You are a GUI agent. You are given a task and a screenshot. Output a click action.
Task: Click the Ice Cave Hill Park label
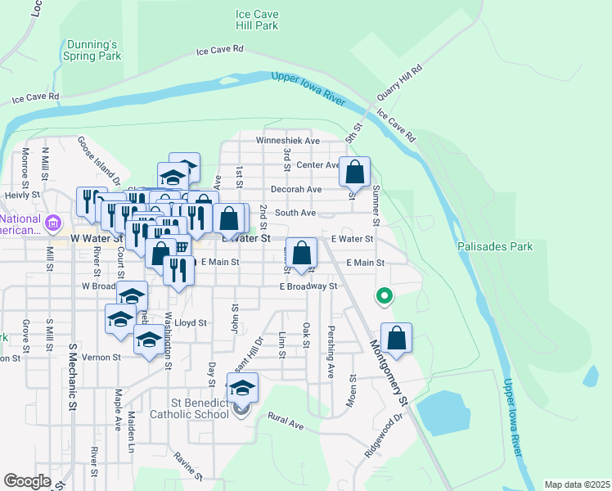click(256, 20)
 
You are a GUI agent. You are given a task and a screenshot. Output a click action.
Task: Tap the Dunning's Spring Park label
click(92, 50)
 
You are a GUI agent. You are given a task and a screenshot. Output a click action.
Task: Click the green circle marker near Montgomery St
click(382, 296)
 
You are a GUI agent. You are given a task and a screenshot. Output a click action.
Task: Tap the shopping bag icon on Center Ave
click(354, 173)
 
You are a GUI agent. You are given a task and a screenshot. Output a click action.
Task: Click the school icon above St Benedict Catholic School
click(242, 388)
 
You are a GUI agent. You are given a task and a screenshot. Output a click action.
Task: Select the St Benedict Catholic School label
click(189, 408)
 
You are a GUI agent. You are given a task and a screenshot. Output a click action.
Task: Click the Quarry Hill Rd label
click(399, 83)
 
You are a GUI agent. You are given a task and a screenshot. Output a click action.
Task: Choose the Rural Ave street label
click(286, 423)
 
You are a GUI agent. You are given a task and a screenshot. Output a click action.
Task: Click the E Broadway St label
click(308, 286)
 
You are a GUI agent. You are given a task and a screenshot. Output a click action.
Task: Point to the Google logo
click(27, 481)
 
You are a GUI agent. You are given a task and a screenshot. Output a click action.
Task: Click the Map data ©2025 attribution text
click(577, 484)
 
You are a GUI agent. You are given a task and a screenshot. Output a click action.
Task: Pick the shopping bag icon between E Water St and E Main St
click(302, 255)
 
